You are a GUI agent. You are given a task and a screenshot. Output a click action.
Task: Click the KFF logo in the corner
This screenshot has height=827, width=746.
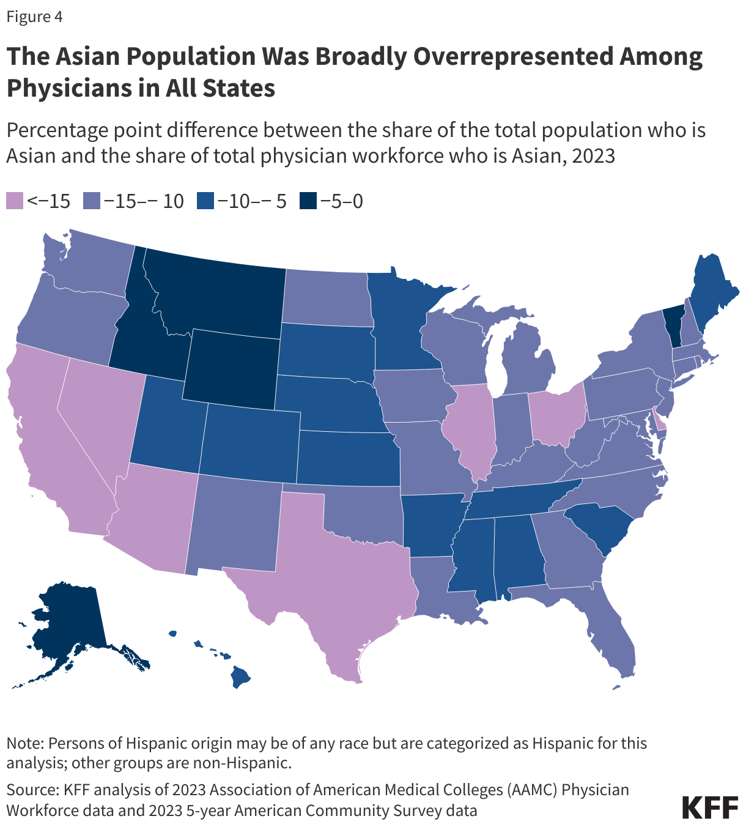pyautogui.click(x=710, y=807)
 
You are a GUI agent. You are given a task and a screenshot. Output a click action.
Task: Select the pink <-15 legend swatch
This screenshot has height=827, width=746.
pyautogui.click(x=15, y=201)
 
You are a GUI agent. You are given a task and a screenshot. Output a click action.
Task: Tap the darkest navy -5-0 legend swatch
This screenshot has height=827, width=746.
pyautogui.click(x=308, y=201)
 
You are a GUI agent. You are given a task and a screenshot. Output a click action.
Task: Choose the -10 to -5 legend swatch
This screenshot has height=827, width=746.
pyautogui.click(x=205, y=201)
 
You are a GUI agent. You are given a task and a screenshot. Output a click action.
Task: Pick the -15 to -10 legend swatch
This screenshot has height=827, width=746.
pyautogui.click(x=92, y=201)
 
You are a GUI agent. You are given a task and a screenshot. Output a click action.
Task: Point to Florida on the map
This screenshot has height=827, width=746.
pyautogui.click(x=611, y=636)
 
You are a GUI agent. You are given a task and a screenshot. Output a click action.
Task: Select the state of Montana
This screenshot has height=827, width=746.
pyautogui.click(x=214, y=287)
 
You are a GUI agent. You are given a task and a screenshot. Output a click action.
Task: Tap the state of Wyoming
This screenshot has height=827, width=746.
pyautogui.click(x=232, y=367)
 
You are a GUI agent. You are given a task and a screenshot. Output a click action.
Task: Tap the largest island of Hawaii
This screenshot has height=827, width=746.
pyautogui.click(x=241, y=677)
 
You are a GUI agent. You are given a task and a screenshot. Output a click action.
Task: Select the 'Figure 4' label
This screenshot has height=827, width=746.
pyautogui.click(x=34, y=17)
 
